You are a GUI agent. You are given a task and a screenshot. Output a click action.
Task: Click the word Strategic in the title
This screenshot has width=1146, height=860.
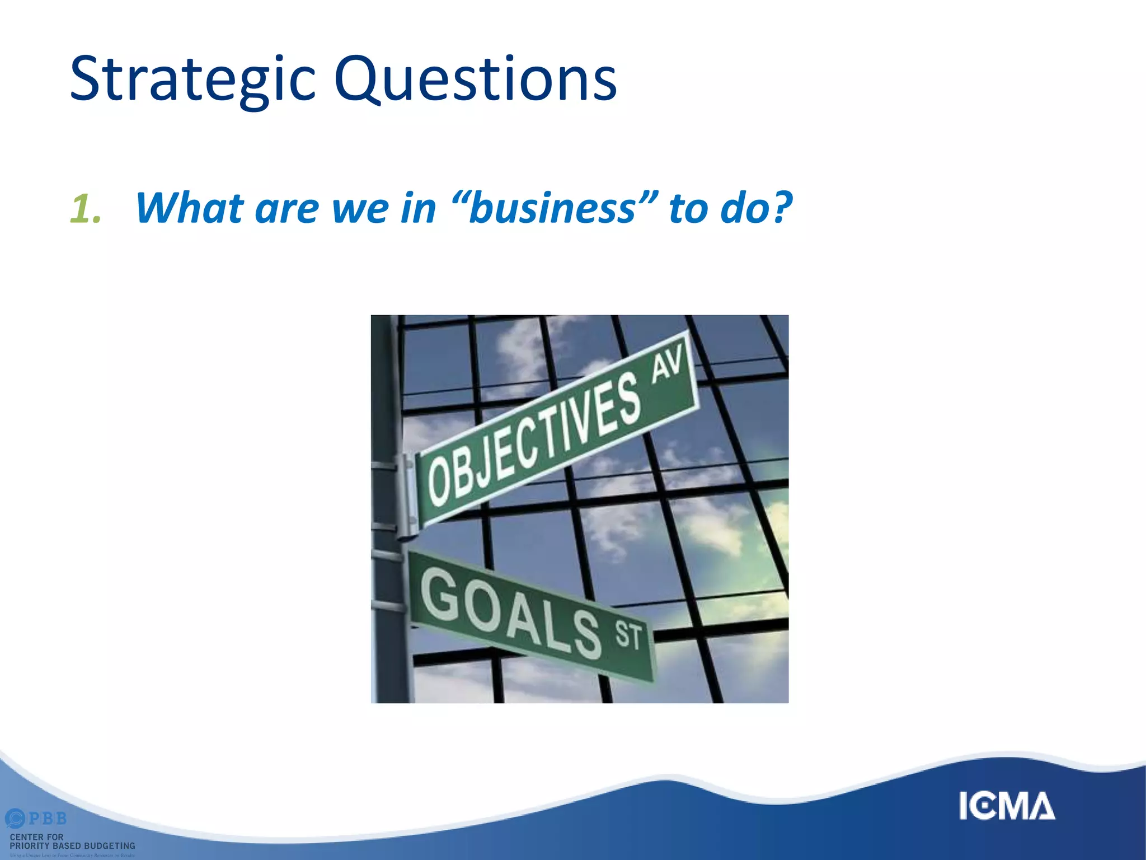pyautogui.click(x=192, y=80)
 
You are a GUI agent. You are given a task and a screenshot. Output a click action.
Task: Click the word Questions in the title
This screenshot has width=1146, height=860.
pyautogui.click(x=475, y=80)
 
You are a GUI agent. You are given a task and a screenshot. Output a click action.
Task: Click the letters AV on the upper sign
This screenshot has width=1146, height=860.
pyautogui.click(x=668, y=363)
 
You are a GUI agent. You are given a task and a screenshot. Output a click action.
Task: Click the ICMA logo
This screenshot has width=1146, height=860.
pyautogui.click(x=1007, y=806)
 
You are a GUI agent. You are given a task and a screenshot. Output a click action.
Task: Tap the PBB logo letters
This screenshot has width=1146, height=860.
pyautogui.click(x=48, y=819)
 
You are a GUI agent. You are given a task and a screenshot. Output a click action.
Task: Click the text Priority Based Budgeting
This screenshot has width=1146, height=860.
pyautogui.click(x=72, y=845)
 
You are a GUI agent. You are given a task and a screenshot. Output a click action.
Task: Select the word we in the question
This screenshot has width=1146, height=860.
pyautogui.click(x=359, y=208)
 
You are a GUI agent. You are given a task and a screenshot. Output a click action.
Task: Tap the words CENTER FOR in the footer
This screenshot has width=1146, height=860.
pyautogui.click(x=36, y=836)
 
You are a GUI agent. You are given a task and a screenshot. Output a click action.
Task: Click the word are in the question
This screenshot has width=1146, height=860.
pyautogui.click(x=287, y=208)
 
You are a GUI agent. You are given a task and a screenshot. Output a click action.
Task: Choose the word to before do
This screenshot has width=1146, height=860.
pyautogui.click(x=688, y=208)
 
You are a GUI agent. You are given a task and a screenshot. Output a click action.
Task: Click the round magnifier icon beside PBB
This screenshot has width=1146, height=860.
pyautogui.click(x=15, y=819)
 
